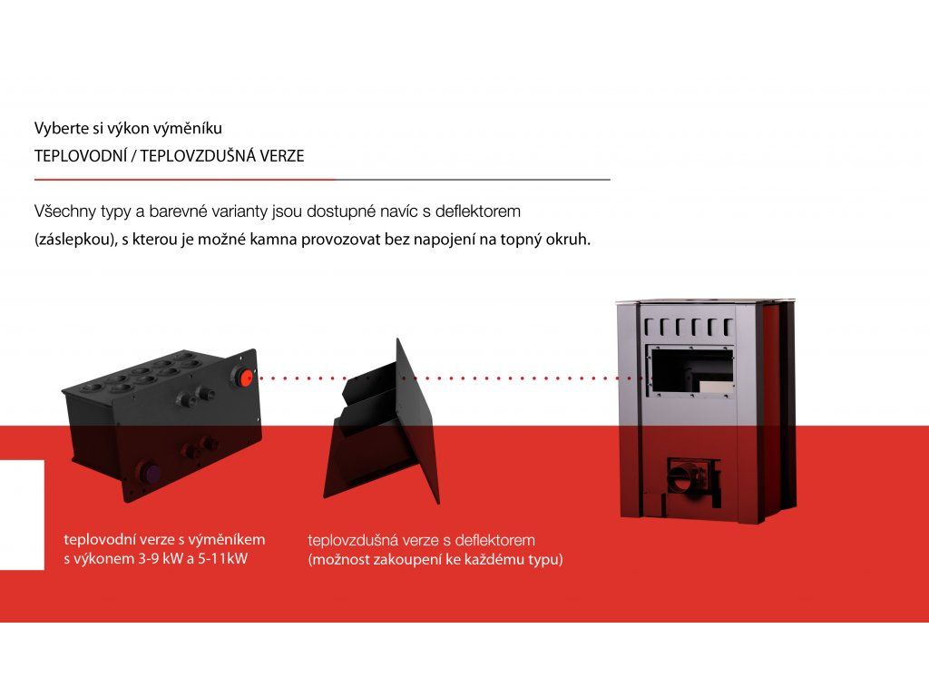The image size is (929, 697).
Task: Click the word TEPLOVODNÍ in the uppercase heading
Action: [x=81, y=156]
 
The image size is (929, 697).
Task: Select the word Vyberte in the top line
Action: [x=57, y=128]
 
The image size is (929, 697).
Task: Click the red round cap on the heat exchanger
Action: [x=245, y=378]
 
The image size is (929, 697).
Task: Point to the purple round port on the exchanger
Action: [x=152, y=473]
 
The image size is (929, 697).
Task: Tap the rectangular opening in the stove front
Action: [x=691, y=372]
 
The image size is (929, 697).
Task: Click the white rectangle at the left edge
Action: [x=22, y=515]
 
